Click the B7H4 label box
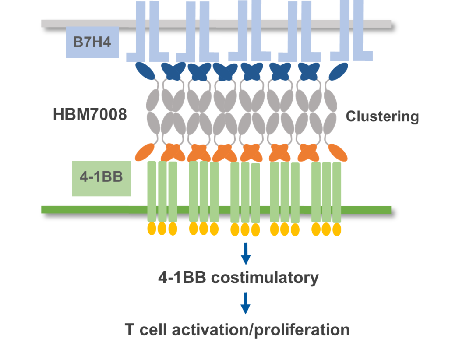(x=92, y=42)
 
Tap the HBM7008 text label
(x=90, y=115)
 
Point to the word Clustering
(x=382, y=116)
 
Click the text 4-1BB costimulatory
(x=238, y=278)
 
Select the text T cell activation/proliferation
(x=237, y=329)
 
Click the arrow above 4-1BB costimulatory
(x=246, y=254)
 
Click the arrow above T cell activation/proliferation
(x=246, y=304)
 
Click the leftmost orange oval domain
(x=144, y=152)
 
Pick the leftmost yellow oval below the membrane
(x=151, y=228)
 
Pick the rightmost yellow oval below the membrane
(x=337, y=229)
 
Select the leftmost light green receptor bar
(x=152, y=191)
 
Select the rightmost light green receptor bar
(x=337, y=191)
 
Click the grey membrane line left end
(x=44, y=23)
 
